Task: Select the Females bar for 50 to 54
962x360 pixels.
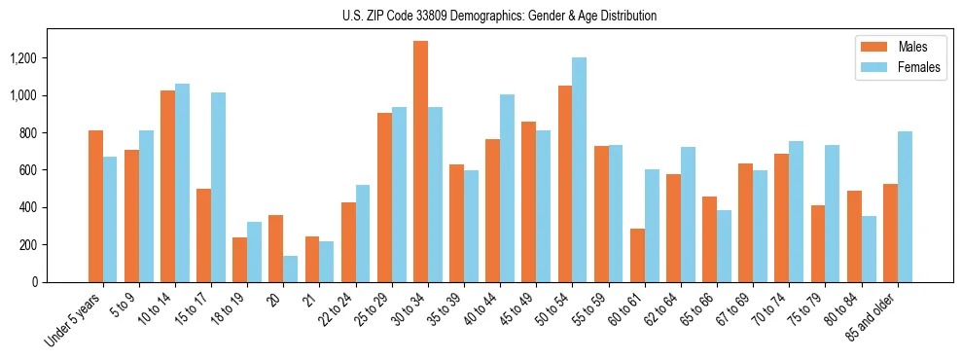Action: click(x=579, y=169)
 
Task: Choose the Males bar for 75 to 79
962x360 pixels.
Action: click(x=818, y=243)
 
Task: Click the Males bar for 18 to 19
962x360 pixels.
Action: click(x=239, y=259)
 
